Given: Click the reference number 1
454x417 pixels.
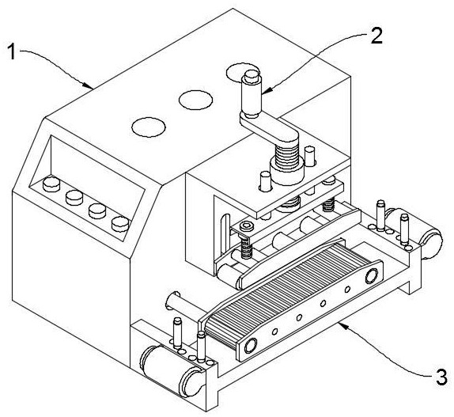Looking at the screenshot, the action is pos(11,51).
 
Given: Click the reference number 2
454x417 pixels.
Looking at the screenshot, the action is pos(376,36).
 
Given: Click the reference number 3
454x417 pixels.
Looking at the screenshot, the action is pos(441,377).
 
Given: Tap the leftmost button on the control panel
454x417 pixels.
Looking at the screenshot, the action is pos(51,184).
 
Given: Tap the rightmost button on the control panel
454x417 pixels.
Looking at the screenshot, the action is pos(120,224).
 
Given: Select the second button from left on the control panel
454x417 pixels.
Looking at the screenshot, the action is pos(74,198).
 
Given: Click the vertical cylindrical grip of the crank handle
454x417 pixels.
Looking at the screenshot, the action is pos(251,94).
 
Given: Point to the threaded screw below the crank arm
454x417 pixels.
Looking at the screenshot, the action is pos(286,157).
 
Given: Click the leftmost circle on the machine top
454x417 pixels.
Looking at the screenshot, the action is pos(149,127).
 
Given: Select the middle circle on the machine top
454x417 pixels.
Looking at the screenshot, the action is pos(195,100).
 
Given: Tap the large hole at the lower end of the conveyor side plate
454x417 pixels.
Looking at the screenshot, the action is pos(251,346).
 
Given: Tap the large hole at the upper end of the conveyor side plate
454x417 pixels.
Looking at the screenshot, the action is pos(372,275).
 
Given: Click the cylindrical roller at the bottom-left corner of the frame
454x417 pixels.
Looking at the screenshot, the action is pos(171,370).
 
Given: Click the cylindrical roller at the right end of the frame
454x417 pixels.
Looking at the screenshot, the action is pos(417,233).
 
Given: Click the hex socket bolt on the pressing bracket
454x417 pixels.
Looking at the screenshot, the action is pos(248,226).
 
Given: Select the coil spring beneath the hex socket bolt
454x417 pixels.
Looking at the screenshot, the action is pos(246,248).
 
